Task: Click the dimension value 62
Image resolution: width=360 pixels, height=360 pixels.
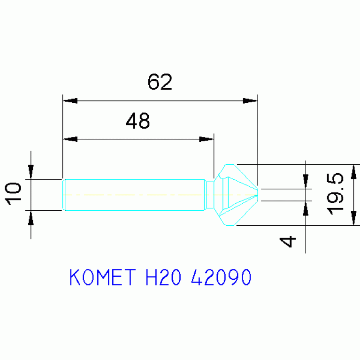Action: pos(160,82)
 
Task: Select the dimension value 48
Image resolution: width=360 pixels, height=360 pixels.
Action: pos(138,121)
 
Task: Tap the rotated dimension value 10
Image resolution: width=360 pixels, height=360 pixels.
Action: pos(13,193)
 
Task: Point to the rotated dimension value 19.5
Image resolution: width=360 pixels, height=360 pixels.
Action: pos(335,194)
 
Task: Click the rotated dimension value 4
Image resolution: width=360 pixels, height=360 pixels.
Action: pos(287,242)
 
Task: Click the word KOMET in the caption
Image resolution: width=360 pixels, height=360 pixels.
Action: pos(103,277)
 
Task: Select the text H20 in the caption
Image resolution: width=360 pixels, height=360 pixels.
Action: pos(163,277)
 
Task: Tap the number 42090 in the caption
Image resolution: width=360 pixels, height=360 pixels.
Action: pos(221,277)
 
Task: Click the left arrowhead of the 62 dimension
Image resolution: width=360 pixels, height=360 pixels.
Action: pos(70,101)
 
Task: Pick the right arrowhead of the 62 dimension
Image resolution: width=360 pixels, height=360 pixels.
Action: pos(250,101)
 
